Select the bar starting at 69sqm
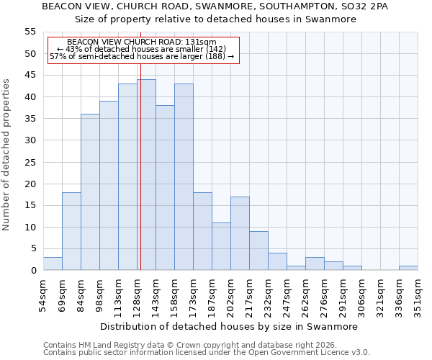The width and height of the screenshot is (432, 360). (x=71, y=231)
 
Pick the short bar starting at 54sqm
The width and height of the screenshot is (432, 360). (x=53, y=264)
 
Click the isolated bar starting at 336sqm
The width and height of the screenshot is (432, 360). (x=408, y=268)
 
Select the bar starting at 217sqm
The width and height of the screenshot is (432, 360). (x=258, y=251)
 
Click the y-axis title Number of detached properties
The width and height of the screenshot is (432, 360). (x=7, y=155)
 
